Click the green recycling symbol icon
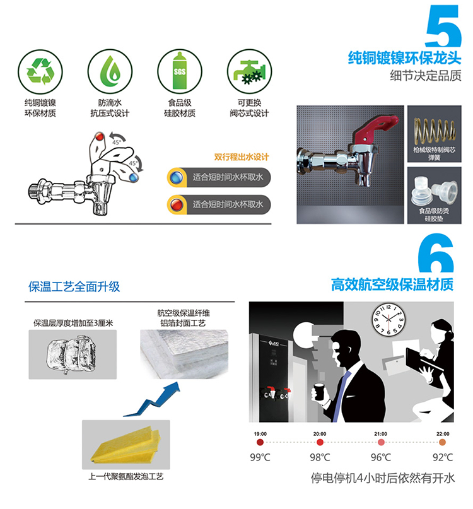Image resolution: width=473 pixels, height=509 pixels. tap(40, 72)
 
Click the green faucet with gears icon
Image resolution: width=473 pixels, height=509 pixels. tap(249, 72)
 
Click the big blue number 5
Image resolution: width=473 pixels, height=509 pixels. tap(443, 26)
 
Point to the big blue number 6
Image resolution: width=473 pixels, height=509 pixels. tap(436, 253)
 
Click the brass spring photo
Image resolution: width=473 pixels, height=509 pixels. tap(435, 134)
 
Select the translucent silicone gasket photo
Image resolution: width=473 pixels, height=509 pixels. tap(435, 196)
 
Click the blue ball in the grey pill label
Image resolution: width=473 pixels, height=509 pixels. tap(177, 178)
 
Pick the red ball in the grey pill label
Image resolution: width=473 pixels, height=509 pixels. tap(177, 205)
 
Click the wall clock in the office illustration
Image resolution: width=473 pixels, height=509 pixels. tap(388, 320)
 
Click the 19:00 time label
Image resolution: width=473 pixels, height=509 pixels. tap(260, 434)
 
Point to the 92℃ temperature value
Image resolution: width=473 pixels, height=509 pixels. tap(443, 457)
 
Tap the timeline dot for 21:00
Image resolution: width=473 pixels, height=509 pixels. tap(381, 442)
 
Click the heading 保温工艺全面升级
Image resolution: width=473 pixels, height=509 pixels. tap(74, 286)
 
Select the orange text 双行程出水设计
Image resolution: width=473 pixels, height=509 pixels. tap(242, 157)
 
